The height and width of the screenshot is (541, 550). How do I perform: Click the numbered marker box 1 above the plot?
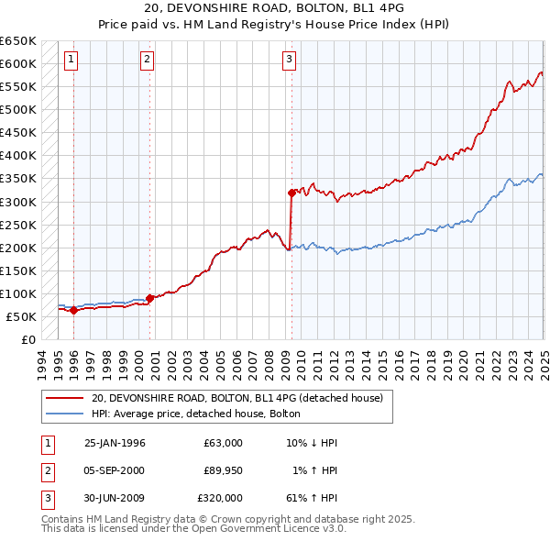pos(71,61)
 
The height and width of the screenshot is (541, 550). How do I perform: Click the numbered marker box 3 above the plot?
pos(289,61)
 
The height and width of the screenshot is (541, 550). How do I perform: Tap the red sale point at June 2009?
pos(291,193)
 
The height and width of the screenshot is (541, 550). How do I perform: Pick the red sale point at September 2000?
pos(149,298)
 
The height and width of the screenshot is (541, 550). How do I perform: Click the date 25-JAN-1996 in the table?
pos(115,443)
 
